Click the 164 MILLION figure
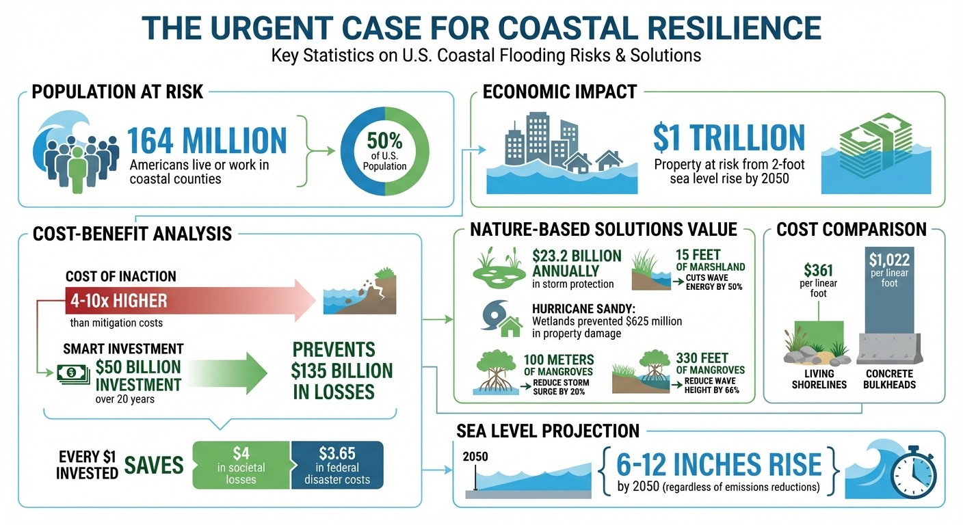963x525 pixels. pyautogui.click(x=207, y=140)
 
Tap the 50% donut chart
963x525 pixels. pyautogui.click(x=384, y=151)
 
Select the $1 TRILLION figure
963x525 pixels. pyautogui.click(x=728, y=137)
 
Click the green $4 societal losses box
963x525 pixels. pyautogui.click(x=241, y=465)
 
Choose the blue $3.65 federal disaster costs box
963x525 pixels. pyautogui.click(x=337, y=465)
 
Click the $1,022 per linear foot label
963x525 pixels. pyautogui.click(x=889, y=271)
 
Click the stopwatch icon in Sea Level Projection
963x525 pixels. pyautogui.click(x=914, y=470)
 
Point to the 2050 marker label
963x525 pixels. pyautogui.click(x=475, y=457)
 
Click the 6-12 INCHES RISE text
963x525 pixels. pyautogui.click(x=718, y=465)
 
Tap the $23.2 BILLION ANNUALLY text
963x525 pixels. pyautogui.click(x=577, y=263)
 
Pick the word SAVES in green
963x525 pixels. pyautogui.click(x=154, y=466)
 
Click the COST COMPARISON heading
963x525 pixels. pyautogui.click(x=852, y=230)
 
